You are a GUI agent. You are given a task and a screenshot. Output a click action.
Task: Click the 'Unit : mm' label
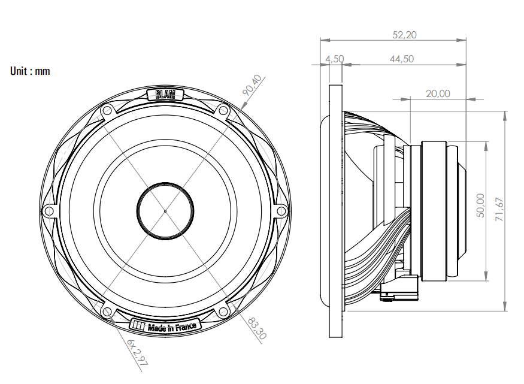tap(30, 71)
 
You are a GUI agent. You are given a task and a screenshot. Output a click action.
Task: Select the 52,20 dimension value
tap(404, 35)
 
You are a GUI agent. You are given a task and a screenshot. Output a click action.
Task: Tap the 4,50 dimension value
tap(335, 59)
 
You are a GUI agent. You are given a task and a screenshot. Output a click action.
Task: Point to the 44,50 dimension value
tap(402, 59)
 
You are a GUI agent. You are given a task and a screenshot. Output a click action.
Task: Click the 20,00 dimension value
tap(438, 93)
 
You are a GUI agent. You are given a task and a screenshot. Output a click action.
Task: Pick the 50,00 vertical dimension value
tap(480, 205)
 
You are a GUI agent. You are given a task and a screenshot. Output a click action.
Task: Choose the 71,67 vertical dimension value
tap(499, 209)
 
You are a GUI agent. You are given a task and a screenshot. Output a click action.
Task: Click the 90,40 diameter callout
tap(252, 85)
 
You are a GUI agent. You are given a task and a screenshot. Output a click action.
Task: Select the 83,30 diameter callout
tap(257, 328)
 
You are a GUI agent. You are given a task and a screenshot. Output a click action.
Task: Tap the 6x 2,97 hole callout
tap(137, 353)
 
